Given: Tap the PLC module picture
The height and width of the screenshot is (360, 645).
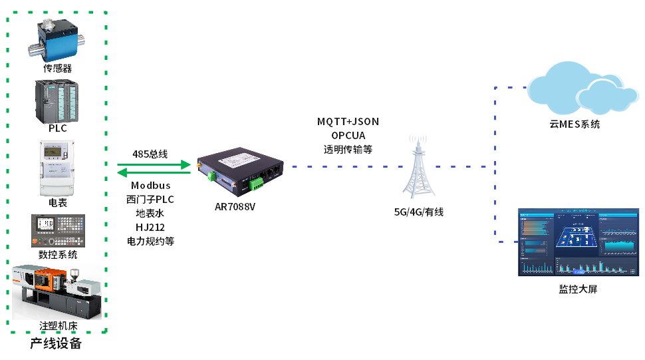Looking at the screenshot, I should [57, 102].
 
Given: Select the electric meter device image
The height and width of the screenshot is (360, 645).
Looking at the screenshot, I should [57, 168].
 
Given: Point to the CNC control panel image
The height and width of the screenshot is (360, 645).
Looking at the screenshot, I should [57, 231].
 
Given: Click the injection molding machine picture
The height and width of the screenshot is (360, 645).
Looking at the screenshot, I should [57, 292].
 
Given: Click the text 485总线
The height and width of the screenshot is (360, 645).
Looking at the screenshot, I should [150, 154].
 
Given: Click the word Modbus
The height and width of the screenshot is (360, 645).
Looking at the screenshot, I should [150, 186].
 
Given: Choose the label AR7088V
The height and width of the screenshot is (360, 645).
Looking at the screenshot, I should [235, 206].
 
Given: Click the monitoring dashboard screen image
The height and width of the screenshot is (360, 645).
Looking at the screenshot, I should [577, 242].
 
